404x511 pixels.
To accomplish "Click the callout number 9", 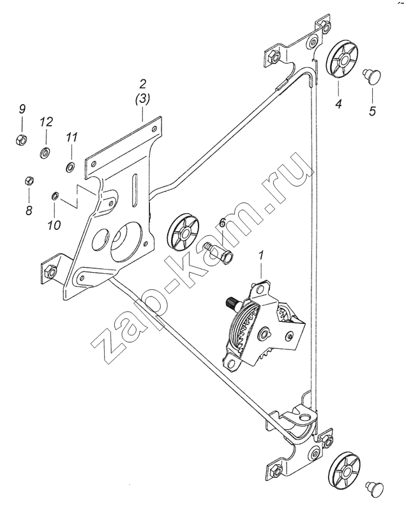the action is [x=22, y=109].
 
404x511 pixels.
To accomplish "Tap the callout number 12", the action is [x=46, y=122].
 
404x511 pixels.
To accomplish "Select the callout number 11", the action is [x=72, y=137].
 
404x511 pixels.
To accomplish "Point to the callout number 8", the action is [x=29, y=210].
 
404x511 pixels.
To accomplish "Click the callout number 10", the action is [x=54, y=225].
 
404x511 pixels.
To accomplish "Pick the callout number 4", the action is [x=338, y=104].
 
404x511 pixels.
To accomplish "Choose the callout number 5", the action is [x=373, y=111].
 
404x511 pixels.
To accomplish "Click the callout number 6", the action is [x=222, y=223].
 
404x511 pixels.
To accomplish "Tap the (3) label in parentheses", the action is [x=142, y=99].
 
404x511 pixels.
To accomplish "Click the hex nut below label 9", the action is [x=21, y=139].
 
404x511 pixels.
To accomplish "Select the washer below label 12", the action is [x=45, y=153].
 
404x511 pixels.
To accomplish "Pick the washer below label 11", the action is [x=70, y=167].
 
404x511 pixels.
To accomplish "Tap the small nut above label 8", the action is [x=29, y=181].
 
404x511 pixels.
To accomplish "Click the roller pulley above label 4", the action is [x=341, y=59].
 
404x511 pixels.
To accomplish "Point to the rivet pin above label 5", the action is [x=373, y=75].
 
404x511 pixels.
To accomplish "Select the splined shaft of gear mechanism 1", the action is [x=232, y=303].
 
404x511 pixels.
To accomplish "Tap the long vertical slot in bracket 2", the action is [x=135, y=190].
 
